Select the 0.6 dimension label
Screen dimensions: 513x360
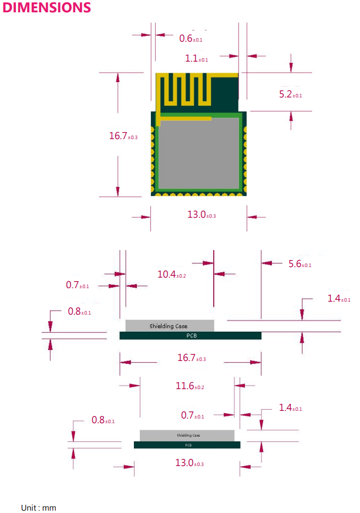(x=190, y=39)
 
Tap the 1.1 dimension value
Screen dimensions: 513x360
(x=196, y=59)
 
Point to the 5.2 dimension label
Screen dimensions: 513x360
(x=290, y=95)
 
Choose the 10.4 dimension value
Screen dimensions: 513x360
(x=171, y=274)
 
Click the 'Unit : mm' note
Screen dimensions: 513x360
(x=39, y=507)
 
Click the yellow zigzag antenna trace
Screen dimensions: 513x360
(x=188, y=89)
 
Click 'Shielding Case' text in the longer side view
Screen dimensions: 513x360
(x=169, y=326)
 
